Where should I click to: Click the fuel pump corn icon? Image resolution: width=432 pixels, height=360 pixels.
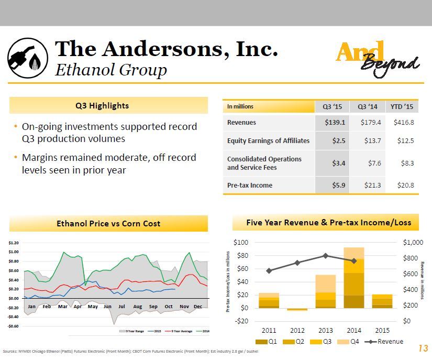tap(28, 59)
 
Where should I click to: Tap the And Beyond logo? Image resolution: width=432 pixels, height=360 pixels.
tap(377, 58)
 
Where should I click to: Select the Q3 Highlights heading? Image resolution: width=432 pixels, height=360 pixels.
tap(109, 105)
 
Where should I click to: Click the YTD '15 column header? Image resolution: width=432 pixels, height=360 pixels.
tap(402, 106)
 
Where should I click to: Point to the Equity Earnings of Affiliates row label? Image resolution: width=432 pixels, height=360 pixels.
tap(268, 140)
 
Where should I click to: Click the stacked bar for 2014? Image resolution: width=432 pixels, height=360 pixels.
tap(354, 278)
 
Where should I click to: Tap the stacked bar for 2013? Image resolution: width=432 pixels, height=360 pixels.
tap(325, 291)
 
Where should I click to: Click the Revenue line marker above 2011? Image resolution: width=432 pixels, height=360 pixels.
tap(269, 271)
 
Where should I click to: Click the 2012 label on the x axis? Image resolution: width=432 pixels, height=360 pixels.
tap(297, 331)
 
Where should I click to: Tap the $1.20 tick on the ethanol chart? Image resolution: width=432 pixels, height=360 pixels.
tap(14, 243)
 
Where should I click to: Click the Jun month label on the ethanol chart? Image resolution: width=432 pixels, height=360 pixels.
tap(107, 306)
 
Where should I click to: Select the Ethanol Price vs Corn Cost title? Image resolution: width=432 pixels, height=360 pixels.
tap(108, 223)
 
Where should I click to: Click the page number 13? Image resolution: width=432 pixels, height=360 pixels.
tap(423, 348)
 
